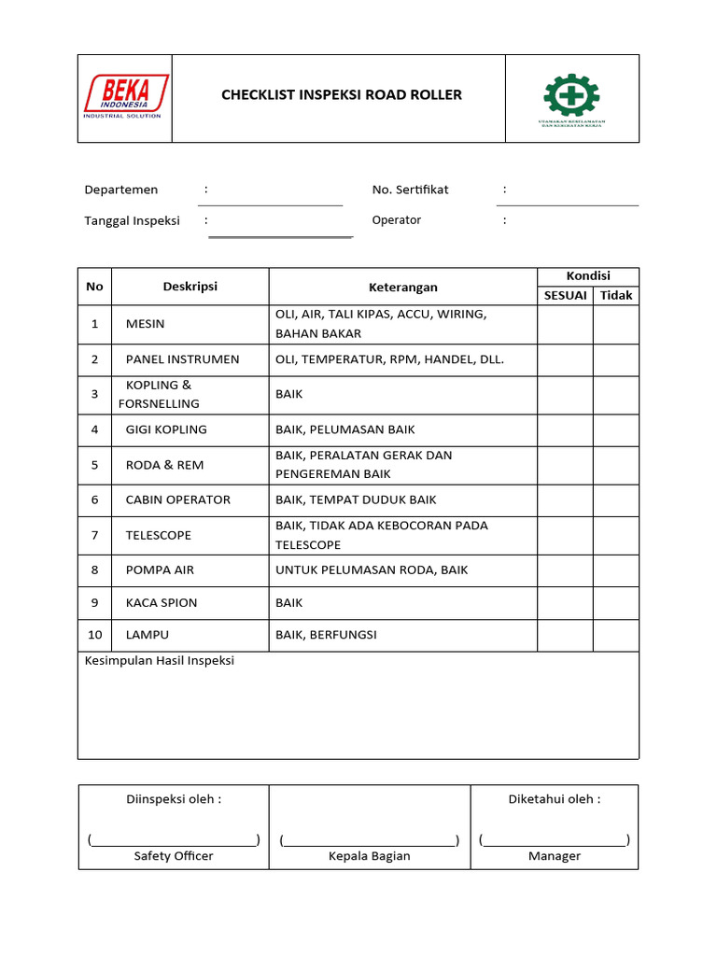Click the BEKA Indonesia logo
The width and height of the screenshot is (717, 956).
[126, 97]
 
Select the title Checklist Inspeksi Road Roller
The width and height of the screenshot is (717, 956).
[341, 94]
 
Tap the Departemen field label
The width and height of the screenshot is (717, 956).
[121, 190]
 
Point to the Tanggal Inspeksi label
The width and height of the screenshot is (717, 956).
[132, 220]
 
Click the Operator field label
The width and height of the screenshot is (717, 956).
[397, 220]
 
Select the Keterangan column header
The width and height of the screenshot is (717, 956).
[402, 287]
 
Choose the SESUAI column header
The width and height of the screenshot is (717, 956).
[565, 295]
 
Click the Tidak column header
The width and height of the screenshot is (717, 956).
[616, 295]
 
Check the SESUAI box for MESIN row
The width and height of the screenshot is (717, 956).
[565, 324]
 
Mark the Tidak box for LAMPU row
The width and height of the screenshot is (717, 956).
[616, 635]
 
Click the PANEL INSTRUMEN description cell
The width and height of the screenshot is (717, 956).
[182, 359]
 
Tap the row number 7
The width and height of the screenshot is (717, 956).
[94, 535]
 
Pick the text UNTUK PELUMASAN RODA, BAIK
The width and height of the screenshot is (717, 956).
[372, 569]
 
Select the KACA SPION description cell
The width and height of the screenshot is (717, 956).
[162, 602]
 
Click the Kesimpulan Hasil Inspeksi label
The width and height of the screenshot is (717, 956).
[160, 661]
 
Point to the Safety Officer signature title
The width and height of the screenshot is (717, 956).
[174, 856]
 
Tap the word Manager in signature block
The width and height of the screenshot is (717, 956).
[555, 856]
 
